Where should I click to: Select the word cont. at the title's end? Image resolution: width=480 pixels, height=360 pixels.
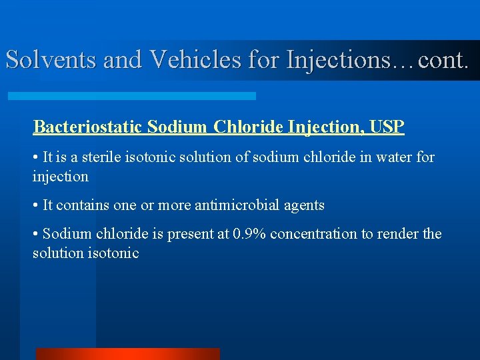[442, 60]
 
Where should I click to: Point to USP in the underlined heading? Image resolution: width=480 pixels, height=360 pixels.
[386, 127]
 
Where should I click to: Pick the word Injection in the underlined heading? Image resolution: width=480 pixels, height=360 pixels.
[323, 127]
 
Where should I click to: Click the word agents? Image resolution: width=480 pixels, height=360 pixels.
[303, 205]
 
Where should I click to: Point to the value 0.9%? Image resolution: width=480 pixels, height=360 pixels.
[249, 235]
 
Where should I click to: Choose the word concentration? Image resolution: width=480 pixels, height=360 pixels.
[314, 235]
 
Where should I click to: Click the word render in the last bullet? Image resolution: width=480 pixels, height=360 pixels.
[397, 235]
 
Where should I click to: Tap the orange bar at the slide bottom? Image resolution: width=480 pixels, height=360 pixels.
[127, 354]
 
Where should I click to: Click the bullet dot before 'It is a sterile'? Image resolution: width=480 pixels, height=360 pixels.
[35, 158]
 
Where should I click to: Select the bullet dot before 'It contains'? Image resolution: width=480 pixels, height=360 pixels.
[35, 205]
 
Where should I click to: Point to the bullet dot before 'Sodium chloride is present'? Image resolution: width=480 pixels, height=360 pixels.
[35, 235]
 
